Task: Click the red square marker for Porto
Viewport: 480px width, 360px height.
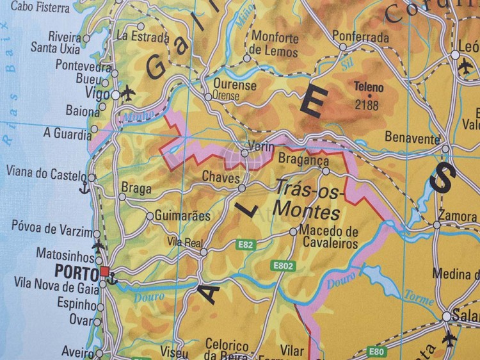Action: (104, 272)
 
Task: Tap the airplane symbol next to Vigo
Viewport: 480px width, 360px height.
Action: (128, 93)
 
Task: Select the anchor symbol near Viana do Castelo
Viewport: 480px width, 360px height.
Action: (83, 188)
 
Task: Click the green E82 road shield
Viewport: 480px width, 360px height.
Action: (245, 244)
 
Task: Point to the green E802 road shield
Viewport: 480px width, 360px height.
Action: (282, 265)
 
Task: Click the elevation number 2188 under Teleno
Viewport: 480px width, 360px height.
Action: (366, 105)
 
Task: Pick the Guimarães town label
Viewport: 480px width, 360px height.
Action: (182, 216)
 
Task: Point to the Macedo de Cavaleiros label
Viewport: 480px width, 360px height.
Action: (328, 237)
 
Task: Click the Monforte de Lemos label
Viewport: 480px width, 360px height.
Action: (275, 44)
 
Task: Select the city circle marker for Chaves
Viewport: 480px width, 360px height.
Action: (242, 188)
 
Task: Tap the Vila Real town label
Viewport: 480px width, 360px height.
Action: (184, 241)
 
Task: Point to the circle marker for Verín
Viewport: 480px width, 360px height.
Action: (244, 153)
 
